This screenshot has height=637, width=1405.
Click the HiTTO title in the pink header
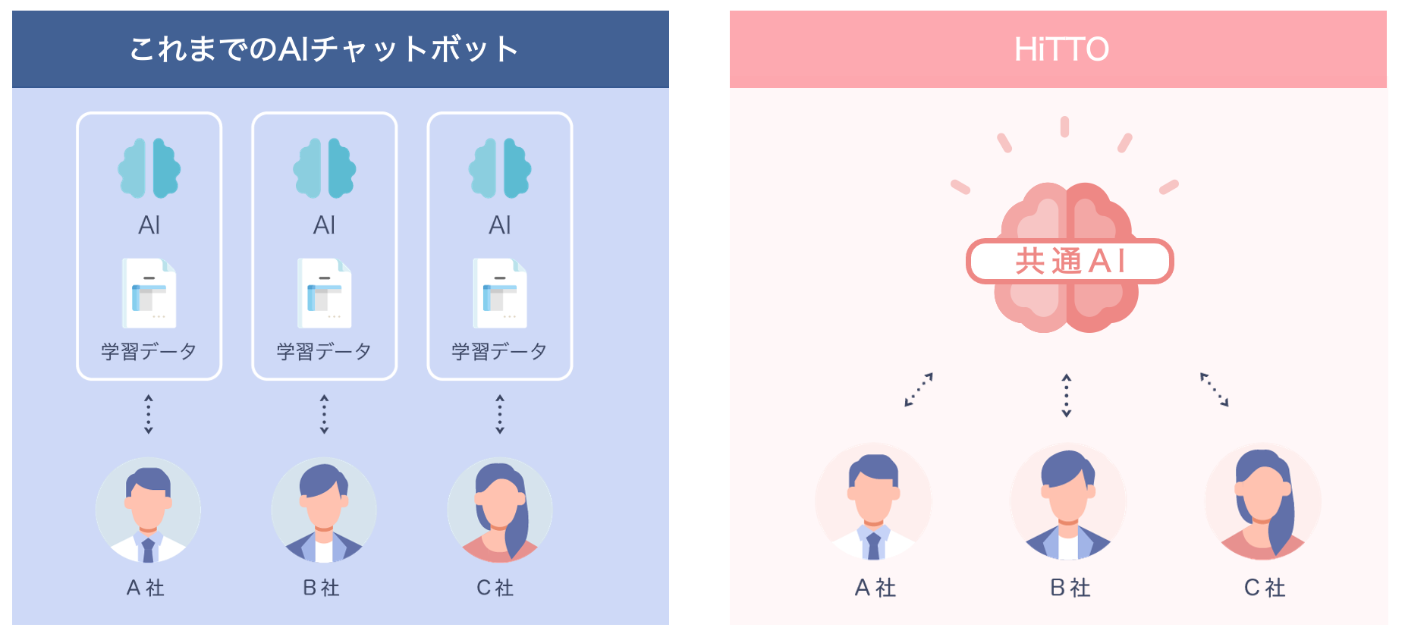(1061, 49)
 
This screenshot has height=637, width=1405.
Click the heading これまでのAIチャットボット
(324, 49)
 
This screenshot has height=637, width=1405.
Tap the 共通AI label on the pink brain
(1070, 261)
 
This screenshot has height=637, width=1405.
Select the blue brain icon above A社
(149, 168)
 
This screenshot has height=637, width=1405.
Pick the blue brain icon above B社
(325, 168)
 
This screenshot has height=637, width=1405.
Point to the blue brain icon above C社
(500, 168)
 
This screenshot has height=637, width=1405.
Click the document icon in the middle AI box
(325, 293)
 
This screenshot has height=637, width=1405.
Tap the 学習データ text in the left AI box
(149, 351)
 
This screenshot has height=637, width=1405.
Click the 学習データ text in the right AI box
(500, 351)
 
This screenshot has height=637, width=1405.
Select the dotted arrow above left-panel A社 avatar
(149, 414)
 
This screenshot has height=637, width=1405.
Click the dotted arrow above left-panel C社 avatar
(500, 414)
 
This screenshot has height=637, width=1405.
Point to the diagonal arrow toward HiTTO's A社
(919, 389)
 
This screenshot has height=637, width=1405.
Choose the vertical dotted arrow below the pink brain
(1066, 395)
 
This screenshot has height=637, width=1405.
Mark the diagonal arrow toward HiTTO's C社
(1214, 389)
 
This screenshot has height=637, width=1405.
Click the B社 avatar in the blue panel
(324, 510)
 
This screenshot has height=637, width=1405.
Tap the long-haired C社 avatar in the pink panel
(1263, 502)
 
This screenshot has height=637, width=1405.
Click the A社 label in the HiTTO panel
(875, 588)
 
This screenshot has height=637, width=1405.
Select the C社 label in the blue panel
(495, 588)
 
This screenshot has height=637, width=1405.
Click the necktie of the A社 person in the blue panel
(148, 550)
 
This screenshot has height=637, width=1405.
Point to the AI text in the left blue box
(149, 225)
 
